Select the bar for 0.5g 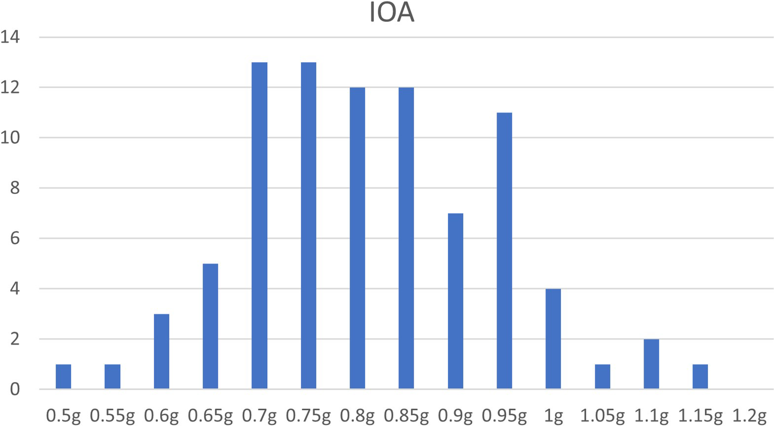(x=63, y=376)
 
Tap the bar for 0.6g (x=161, y=351)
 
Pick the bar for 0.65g (x=210, y=326)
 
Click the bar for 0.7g (x=259, y=226)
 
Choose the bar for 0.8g (x=357, y=238)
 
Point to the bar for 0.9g (x=455, y=301)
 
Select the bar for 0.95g (x=504, y=251)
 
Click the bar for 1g (x=553, y=339)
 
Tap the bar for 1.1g (x=651, y=364)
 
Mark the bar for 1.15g (x=700, y=376)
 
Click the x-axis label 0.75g (x=308, y=417)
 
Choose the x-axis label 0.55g (x=112, y=417)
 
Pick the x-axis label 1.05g (x=602, y=417)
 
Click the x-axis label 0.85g (x=406, y=417)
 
